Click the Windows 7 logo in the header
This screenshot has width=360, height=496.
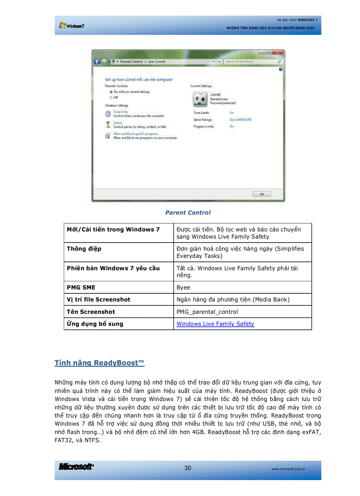[71, 26]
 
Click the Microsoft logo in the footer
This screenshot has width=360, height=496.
[76, 467]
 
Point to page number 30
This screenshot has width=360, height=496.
[188, 468]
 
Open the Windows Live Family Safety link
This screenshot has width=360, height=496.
[215, 324]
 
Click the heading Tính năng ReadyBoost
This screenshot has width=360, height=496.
[99, 363]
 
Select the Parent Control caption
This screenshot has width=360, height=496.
[188, 212]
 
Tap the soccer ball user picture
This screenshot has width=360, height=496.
[199, 99]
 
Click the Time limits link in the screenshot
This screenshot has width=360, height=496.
[120, 112]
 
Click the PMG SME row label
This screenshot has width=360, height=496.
[81, 288]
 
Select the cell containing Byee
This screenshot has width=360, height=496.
[183, 288]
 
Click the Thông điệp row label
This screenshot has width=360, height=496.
[84, 249]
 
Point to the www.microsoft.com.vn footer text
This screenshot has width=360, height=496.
[289, 469]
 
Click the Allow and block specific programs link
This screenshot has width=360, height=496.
[135, 134]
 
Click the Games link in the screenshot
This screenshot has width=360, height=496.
[118, 123]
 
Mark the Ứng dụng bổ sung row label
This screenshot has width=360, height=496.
[95, 324]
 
